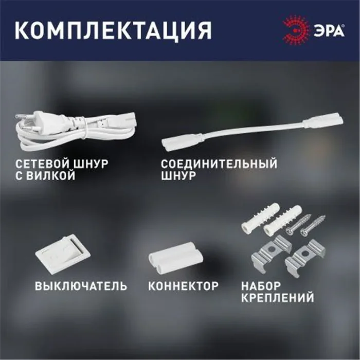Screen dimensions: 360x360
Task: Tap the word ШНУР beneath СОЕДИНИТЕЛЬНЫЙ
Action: [x=178, y=176]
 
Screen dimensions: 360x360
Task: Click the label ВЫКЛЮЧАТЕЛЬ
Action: [x=81, y=286]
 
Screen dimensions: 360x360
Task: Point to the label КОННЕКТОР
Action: [x=184, y=286]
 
